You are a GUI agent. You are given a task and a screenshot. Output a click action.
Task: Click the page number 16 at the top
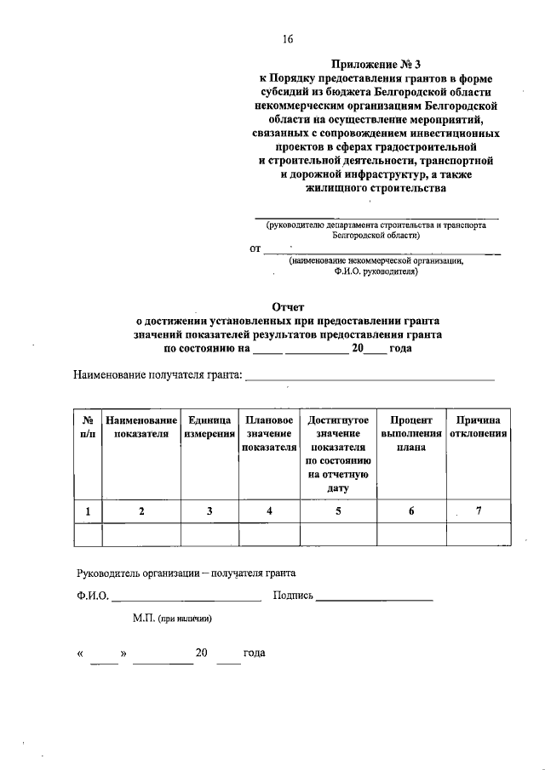pos(288,38)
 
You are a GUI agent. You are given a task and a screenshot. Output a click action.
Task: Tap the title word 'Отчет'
pos(287,306)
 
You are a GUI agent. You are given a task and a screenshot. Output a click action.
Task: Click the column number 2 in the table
pos(141,510)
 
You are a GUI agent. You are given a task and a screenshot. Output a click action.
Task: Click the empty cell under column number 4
pos(269,533)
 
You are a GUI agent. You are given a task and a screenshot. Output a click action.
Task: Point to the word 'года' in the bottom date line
pos(254,653)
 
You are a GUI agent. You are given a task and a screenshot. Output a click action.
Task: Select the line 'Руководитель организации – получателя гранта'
pos(186,573)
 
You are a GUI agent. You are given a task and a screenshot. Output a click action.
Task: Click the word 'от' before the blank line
pos(255,249)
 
